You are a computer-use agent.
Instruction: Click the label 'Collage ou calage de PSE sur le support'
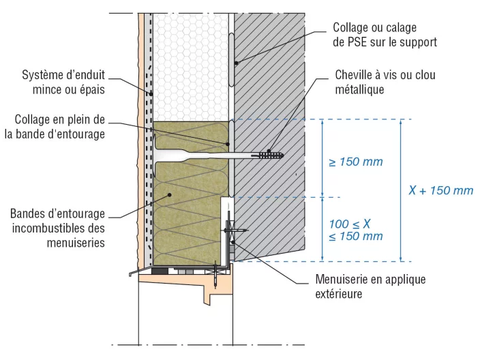384,34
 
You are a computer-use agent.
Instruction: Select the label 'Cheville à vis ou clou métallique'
385,81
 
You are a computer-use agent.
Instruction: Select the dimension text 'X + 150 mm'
440,191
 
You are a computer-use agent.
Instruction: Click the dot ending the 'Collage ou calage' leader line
236,63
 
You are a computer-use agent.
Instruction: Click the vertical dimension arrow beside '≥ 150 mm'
322,158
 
